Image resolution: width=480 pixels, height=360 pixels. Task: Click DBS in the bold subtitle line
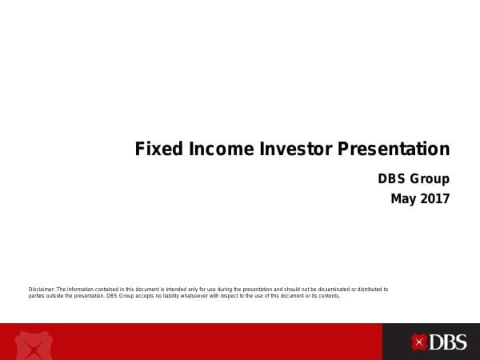[392, 179]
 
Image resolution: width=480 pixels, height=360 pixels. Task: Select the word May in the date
[404, 198]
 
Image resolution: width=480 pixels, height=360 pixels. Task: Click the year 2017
[435, 198]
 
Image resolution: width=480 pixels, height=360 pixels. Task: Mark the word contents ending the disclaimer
[328, 296]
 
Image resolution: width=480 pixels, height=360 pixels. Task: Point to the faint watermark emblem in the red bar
[32, 344]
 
